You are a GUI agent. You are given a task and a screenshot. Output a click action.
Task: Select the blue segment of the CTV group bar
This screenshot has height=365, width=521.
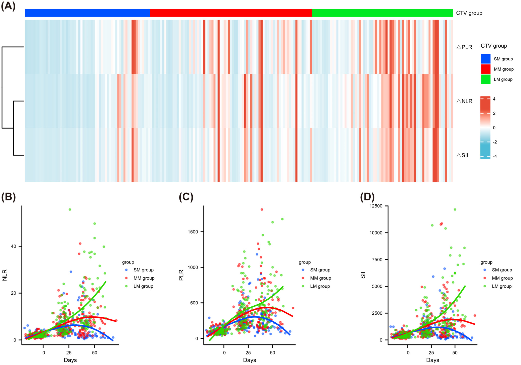click(x=87, y=13)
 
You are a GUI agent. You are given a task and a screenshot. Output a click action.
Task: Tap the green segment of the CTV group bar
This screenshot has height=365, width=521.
click(x=382, y=13)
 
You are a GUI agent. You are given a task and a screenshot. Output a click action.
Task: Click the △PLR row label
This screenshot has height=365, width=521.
click(x=464, y=47)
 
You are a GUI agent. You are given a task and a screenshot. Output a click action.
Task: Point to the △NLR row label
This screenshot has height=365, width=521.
click(x=464, y=101)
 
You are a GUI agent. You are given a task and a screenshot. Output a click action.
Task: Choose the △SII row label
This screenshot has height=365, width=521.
click(x=462, y=155)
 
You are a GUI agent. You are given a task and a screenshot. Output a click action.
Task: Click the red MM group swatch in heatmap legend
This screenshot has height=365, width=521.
click(x=486, y=69)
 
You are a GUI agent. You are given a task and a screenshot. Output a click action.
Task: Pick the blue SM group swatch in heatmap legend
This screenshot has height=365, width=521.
click(x=486, y=59)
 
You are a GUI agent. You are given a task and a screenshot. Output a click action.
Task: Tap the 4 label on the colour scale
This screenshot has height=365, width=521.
click(x=494, y=99)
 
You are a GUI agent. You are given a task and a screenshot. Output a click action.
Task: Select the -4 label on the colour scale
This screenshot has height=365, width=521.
click(x=495, y=156)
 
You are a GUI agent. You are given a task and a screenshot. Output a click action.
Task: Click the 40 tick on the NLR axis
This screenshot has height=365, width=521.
click(x=13, y=246)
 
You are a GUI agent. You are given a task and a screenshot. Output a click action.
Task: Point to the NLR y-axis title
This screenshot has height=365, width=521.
click(x=5, y=275)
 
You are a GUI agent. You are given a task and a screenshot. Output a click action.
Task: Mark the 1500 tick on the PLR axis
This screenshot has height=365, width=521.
click(x=193, y=232)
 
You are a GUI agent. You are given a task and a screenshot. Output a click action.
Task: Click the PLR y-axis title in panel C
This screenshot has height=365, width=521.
click(x=181, y=275)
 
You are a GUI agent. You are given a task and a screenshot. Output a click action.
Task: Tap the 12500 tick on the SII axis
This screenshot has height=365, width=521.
click(x=376, y=206)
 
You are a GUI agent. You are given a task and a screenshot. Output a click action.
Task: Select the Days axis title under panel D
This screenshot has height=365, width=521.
click(x=433, y=360)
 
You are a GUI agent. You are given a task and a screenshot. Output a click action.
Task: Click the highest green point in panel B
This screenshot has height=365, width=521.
click(x=70, y=209)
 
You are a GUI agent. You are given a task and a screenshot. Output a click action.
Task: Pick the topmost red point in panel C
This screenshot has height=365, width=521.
click(x=262, y=209)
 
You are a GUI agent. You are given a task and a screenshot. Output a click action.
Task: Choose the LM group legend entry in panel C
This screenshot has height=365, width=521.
click(x=320, y=286)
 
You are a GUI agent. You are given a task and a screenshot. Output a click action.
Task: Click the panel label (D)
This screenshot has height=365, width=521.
click(x=367, y=197)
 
